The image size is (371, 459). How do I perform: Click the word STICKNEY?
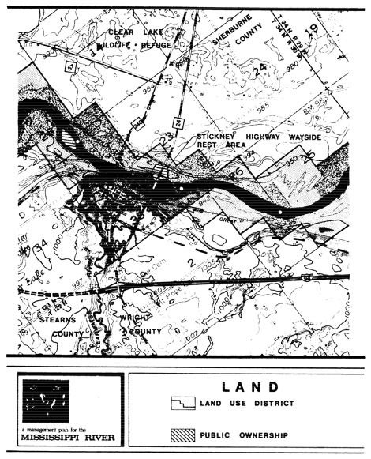tap(219, 137)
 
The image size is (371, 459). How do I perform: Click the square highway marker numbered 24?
tap(175, 121)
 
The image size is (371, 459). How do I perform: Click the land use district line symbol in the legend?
tap(183, 404)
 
